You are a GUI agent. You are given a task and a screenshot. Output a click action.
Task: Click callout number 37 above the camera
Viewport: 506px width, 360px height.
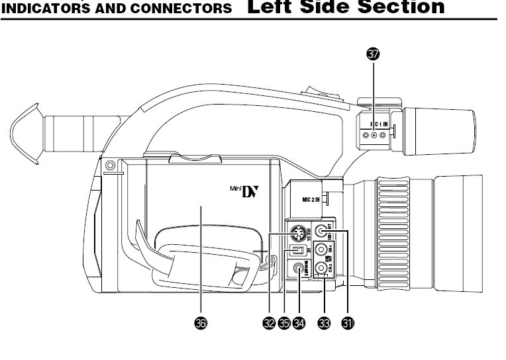tap(374, 56)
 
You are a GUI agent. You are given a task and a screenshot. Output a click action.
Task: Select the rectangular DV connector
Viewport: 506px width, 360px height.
tap(299, 251)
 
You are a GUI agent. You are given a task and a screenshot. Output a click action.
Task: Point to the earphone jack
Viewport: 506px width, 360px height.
tap(299, 269)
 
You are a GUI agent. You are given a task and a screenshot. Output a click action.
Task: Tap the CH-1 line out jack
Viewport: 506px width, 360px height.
tap(321, 250)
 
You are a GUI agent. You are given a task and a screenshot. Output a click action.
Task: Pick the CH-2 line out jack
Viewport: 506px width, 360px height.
tap(321, 268)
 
